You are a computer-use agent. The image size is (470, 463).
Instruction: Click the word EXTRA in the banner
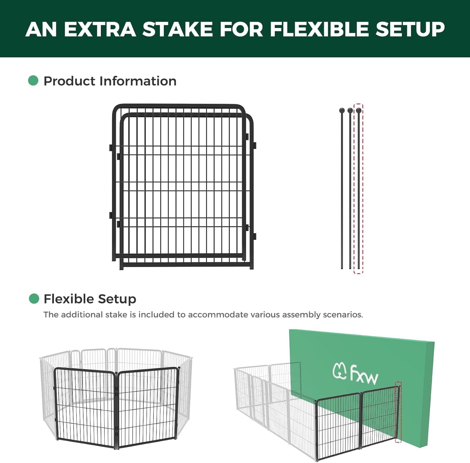[x=100, y=29]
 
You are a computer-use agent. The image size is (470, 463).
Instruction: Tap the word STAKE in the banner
[x=178, y=29]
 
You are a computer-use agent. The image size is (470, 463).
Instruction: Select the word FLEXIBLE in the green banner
[x=319, y=29]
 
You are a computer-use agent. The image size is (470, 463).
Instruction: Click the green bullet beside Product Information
[x=33, y=81]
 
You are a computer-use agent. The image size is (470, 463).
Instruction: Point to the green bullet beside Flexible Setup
[x=34, y=298]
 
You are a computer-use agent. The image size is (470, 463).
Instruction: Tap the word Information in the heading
[x=138, y=81]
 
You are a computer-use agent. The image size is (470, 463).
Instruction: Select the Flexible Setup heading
[x=90, y=299]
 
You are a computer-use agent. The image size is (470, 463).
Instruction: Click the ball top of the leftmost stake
[x=342, y=111]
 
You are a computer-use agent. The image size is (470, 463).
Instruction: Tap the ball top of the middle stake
[x=350, y=111]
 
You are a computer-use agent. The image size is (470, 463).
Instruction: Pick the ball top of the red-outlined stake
[x=358, y=111]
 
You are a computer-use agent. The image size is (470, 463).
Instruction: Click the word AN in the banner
[x=41, y=29]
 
